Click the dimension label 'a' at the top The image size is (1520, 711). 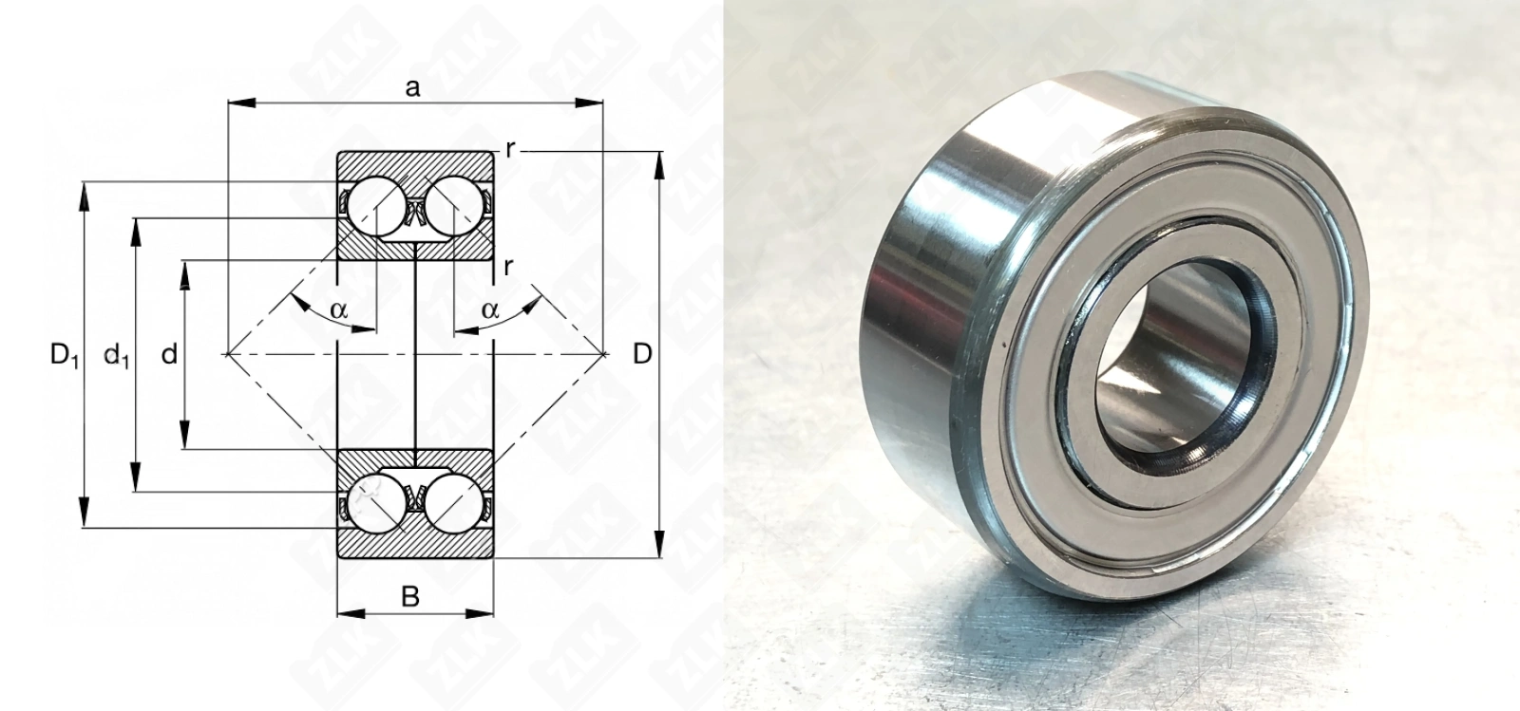click(x=412, y=88)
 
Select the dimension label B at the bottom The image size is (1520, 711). click(x=410, y=596)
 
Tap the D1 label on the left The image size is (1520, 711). click(x=65, y=355)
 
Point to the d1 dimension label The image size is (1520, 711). click(x=116, y=354)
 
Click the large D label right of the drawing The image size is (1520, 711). click(x=642, y=354)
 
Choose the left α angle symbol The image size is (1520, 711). click(x=338, y=310)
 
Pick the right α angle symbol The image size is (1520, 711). click(x=490, y=310)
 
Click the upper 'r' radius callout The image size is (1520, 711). click(x=510, y=150)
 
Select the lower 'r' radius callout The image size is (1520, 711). click(x=508, y=267)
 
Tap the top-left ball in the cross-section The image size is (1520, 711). click(x=375, y=206)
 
